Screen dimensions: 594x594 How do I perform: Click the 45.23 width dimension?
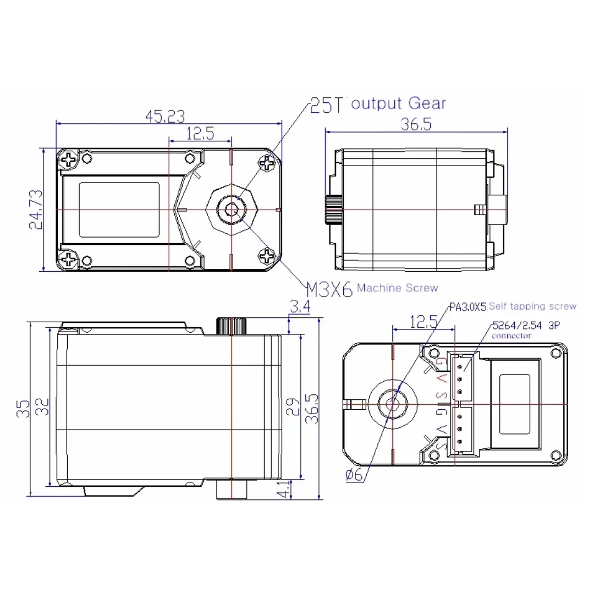tap(165, 116)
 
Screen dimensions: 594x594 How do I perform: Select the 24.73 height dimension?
tap(35, 210)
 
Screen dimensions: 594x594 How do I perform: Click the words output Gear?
tap(398, 103)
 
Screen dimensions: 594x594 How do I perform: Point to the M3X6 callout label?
tap(328, 289)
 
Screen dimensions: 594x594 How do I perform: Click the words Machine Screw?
tap(398, 288)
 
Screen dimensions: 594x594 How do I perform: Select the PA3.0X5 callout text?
tap(468, 307)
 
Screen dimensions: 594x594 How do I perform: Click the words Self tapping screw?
tap(532, 306)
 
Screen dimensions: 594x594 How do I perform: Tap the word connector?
tap(512, 335)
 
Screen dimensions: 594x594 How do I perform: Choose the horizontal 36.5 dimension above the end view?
tap(415, 124)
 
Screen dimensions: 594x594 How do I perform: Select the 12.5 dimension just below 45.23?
tap(200, 134)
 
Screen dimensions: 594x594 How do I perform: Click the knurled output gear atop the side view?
tap(232, 326)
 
